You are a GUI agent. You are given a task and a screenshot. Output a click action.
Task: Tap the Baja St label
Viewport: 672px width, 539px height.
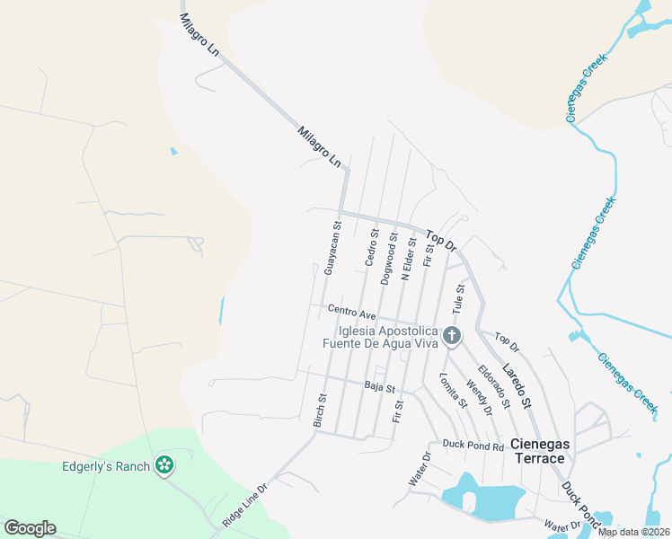[x=380, y=387]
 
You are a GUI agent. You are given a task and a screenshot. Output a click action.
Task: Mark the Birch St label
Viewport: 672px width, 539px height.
[x=321, y=410]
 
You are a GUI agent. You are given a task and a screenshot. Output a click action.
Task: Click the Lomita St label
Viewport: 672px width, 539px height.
[x=455, y=390]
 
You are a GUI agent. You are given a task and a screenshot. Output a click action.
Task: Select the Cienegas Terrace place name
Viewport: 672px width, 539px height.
[x=538, y=451]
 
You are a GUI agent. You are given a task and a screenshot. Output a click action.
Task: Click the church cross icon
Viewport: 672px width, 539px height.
[x=452, y=337]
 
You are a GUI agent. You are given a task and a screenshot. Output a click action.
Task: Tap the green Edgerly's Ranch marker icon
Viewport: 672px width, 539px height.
[x=164, y=465]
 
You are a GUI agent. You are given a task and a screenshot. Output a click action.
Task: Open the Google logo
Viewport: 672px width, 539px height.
[x=30, y=528]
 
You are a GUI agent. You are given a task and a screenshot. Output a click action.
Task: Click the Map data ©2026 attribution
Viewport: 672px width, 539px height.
[x=633, y=532]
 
